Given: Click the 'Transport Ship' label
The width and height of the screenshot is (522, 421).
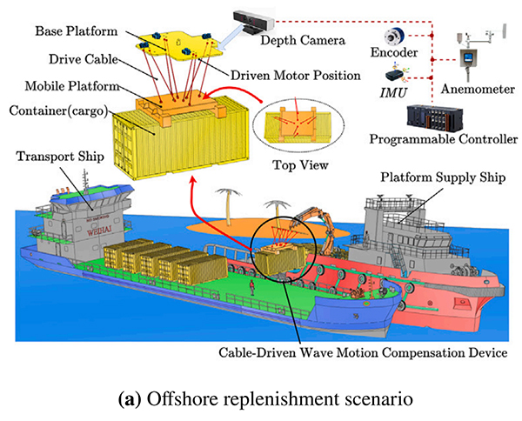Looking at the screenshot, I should tap(54, 156).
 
